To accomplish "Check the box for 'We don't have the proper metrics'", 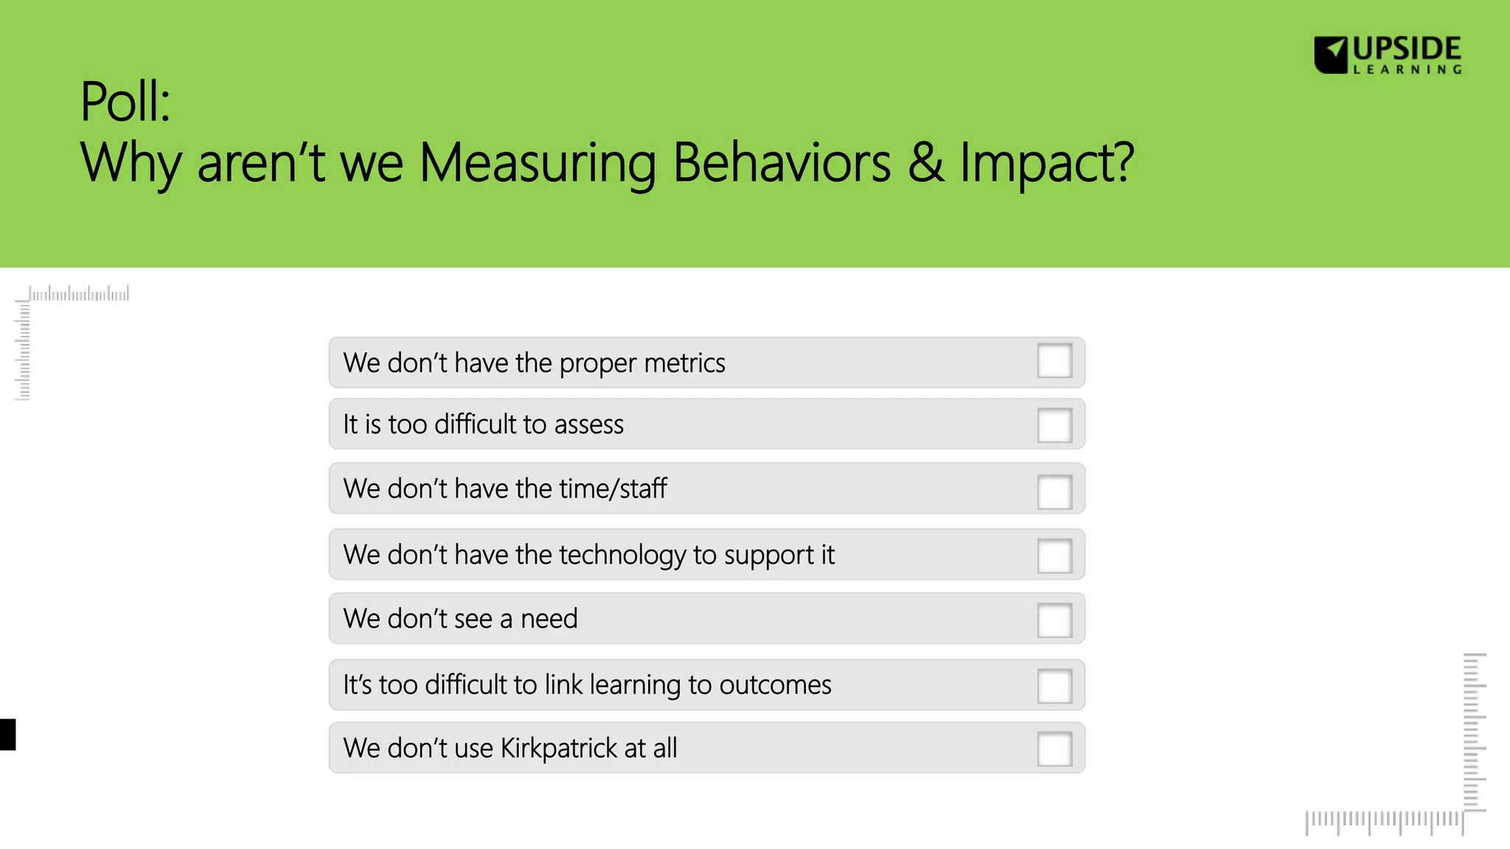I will click(1054, 361).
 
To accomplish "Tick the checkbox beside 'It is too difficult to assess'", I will click(1054, 425).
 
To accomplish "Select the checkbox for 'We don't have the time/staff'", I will click(1054, 492).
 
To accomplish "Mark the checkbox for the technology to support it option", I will click(1054, 556).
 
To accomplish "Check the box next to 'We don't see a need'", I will click(1054, 620).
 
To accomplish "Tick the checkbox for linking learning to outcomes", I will click(1054, 685).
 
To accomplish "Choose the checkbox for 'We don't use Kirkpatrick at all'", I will click(1054, 749).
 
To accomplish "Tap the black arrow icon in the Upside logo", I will click(1332, 55).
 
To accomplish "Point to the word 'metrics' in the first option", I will click(684, 363).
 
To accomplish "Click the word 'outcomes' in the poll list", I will click(775, 685).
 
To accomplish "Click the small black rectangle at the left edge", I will click(7, 735).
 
